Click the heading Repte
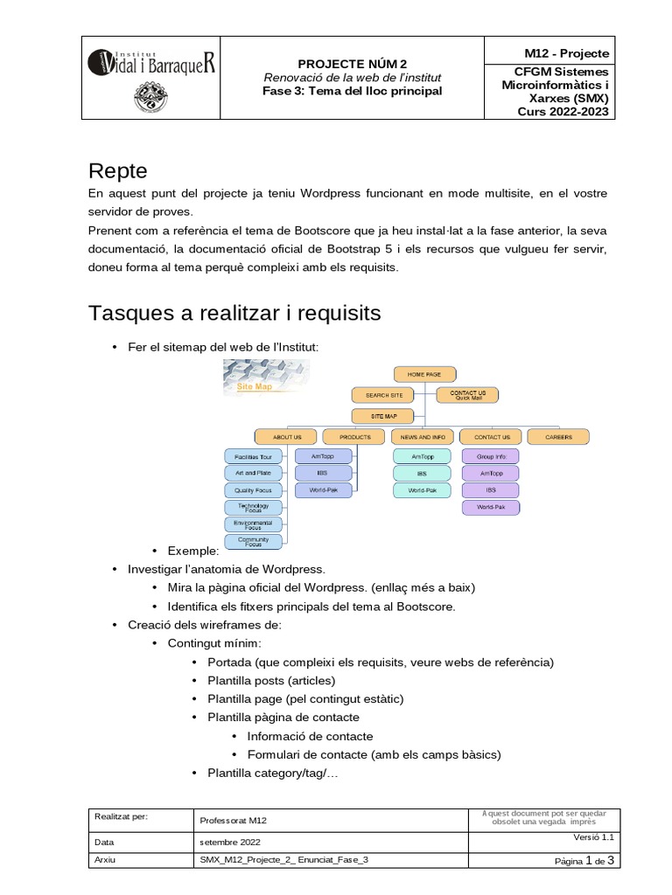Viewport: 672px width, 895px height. pos(118,170)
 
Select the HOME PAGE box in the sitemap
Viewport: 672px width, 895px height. pos(423,374)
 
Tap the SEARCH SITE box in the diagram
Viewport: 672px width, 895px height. pos(384,395)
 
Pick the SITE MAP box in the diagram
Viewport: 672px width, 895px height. pos(384,416)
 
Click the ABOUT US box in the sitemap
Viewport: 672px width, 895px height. pos(286,436)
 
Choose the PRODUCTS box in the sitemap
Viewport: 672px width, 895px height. pos(354,436)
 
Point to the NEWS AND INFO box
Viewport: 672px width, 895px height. pos(423,436)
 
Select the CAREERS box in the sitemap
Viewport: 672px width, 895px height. pos(559,436)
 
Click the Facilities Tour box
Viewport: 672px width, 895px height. pos(254,456)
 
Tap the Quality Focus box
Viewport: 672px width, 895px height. pos(254,490)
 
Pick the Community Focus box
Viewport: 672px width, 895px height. pos(254,542)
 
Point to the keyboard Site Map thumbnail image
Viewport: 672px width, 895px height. pos(262,378)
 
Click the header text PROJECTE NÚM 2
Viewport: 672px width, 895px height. pos(353,64)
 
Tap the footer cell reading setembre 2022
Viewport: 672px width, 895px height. pos(230,842)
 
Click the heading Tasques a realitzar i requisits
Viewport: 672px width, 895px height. pos(234,312)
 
